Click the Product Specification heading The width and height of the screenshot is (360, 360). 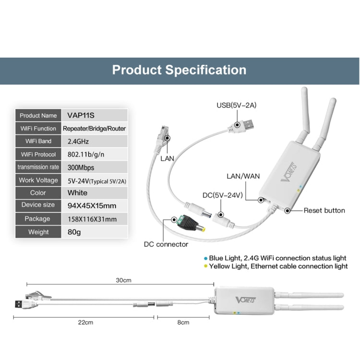pyautogui.click(x=179, y=70)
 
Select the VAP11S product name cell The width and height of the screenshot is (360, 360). pyautogui.click(x=77, y=115)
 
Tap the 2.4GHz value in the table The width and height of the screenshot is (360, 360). pyautogui.click(x=78, y=142)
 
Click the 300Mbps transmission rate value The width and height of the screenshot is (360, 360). pyautogui.click(x=81, y=168)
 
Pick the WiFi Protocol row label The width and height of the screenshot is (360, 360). pyautogui.click(x=38, y=155)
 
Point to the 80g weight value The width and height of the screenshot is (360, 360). pyautogui.click(x=75, y=232)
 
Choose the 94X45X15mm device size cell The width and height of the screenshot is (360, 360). pyautogui.click(x=89, y=205)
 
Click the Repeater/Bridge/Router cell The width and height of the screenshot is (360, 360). pyautogui.click(x=95, y=129)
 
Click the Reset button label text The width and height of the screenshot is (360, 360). pyautogui.click(x=324, y=210)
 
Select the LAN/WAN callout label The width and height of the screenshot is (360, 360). pyautogui.click(x=243, y=176)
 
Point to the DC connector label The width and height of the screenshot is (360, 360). pyautogui.click(x=166, y=244)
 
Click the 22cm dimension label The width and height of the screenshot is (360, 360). pyautogui.click(x=85, y=323)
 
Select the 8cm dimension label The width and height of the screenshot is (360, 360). pyautogui.click(x=183, y=323)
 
